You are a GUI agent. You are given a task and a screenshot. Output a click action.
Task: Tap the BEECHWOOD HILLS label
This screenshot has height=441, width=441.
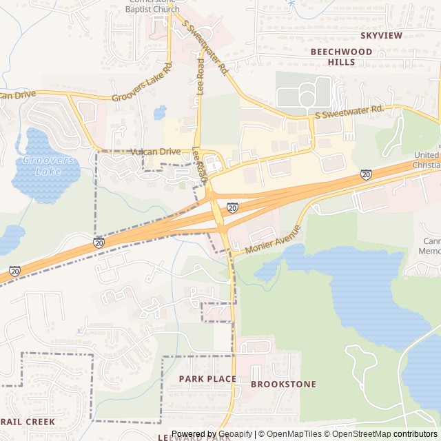[x=341, y=57]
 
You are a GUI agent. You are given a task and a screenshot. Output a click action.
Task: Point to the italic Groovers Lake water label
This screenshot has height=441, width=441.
[x=48, y=165]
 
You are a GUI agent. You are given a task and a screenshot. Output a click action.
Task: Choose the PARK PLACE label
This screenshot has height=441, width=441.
[x=207, y=379]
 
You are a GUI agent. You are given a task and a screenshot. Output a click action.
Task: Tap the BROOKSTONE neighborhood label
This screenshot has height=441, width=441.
[x=283, y=384]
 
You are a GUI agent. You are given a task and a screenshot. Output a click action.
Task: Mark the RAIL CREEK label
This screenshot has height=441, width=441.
[x=28, y=421]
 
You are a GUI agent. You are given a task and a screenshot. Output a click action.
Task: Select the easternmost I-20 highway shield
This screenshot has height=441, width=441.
[x=366, y=175]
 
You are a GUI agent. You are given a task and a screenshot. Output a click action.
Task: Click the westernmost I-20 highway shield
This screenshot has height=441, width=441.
[x=14, y=271]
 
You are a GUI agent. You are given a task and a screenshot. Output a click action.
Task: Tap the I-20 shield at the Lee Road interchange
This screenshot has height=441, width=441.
[x=232, y=207]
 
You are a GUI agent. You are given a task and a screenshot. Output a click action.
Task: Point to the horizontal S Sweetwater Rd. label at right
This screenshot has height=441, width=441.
[x=349, y=110]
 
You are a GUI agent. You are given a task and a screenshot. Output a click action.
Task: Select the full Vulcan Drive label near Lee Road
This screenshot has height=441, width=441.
[x=155, y=152]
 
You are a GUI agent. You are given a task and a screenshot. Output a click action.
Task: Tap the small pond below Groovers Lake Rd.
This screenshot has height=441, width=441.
[x=161, y=112]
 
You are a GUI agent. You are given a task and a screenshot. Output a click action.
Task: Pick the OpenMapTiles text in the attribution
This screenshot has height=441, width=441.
[x=294, y=434]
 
